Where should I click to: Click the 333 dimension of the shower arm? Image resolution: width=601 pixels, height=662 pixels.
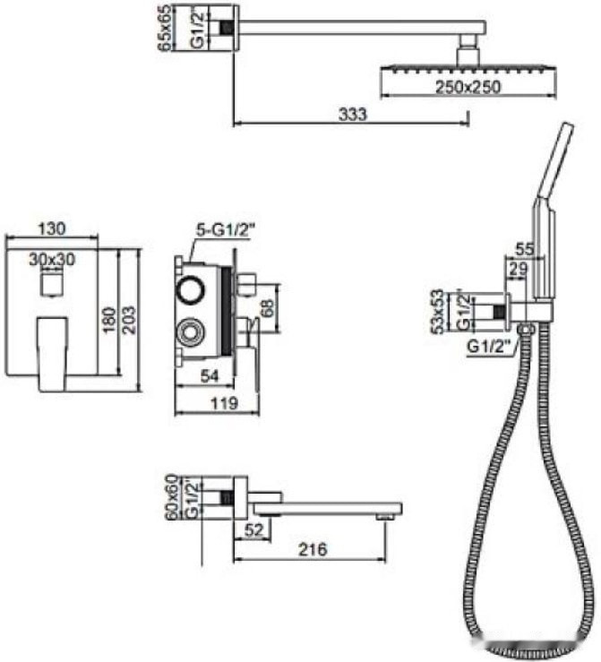353,114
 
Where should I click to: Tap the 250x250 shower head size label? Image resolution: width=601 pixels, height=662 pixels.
468,87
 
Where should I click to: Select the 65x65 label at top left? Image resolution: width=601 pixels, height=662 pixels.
166,28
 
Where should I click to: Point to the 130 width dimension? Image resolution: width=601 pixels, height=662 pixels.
52,228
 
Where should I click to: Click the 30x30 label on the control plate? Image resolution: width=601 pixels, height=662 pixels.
52,259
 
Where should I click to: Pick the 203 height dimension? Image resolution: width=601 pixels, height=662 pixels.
130,320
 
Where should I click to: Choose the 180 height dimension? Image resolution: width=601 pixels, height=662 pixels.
109,320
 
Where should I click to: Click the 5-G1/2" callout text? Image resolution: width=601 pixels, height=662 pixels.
227,230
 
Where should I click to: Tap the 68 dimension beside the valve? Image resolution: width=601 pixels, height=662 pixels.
267,308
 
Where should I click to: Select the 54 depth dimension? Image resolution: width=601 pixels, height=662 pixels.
210,375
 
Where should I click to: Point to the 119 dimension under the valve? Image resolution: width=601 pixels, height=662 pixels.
224,403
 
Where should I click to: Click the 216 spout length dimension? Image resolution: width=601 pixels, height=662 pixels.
313,549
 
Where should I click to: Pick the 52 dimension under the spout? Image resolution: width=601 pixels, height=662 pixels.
254,529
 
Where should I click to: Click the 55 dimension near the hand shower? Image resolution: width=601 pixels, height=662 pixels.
525,249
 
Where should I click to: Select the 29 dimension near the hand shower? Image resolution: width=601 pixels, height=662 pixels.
518,270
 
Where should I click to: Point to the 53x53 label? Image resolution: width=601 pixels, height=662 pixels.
439,311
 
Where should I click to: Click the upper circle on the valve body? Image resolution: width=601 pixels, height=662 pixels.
191,290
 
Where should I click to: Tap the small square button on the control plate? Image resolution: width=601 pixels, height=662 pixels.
52,284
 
